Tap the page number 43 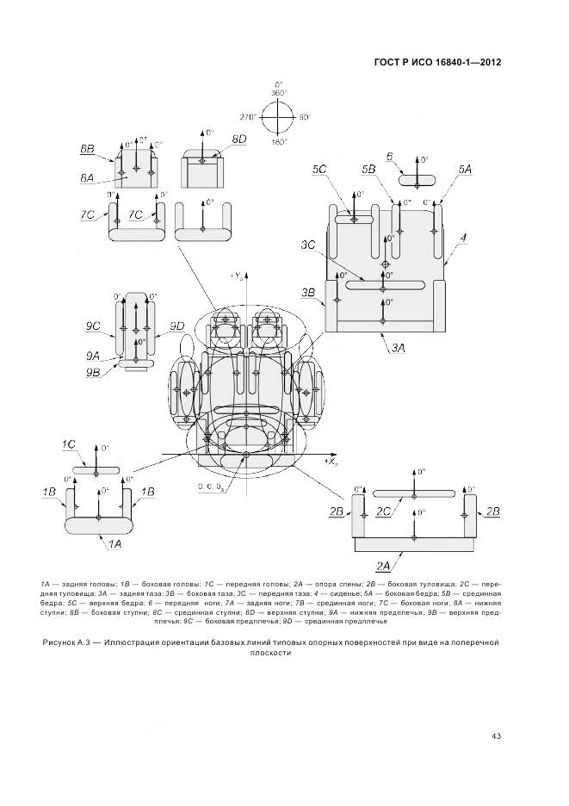pos(497,735)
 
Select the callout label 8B pos(88,148)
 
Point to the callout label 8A pos(87,177)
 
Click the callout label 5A pos(466,170)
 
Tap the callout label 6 pos(390,157)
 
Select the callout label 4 pos(463,237)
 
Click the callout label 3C pos(307,245)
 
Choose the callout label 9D pos(177,325)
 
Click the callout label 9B pos(94,371)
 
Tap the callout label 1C pos(69,443)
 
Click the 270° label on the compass pos(250,115)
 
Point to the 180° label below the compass pos(278,141)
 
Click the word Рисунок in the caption pos(61,642)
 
